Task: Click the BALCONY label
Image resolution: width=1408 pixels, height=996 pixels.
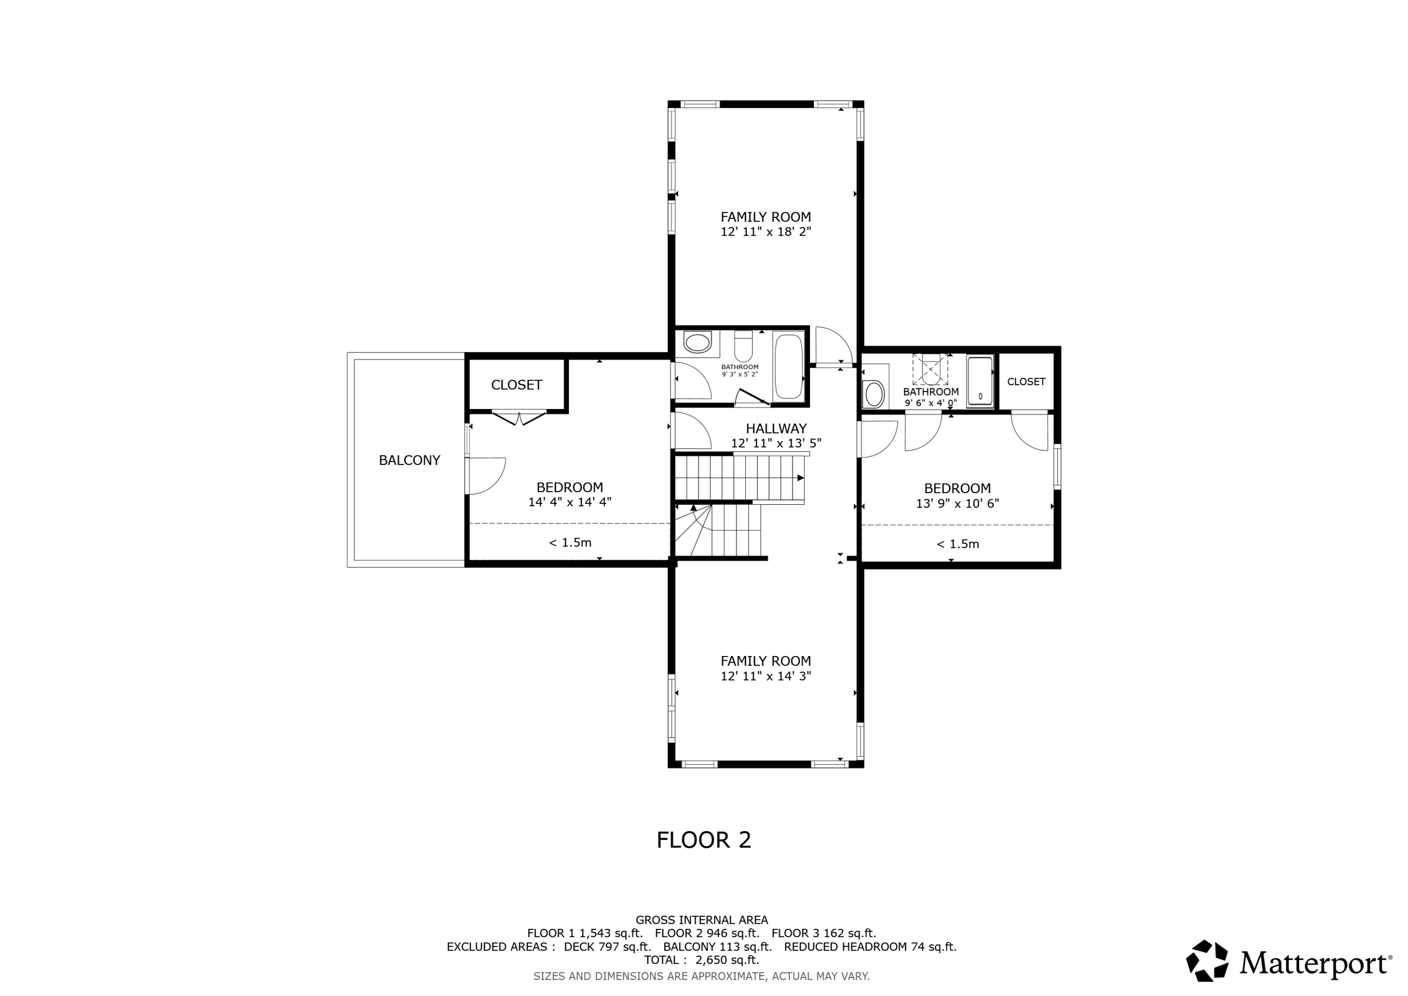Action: (x=409, y=460)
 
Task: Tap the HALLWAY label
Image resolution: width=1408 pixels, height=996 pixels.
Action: (x=776, y=428)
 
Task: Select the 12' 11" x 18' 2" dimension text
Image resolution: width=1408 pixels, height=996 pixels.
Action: (x=766, y=232)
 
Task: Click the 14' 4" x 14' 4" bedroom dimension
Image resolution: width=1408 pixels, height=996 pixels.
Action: (x=570, y=502)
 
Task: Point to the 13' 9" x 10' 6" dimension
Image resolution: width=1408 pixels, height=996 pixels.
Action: (x=957, y=503)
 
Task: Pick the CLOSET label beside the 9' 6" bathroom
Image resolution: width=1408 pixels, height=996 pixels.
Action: (x=1026, y=382)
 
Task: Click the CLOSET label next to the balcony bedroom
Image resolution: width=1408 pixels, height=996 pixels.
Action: (x=516, y=385)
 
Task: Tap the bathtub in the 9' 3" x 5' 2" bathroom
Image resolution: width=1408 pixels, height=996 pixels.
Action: (x=788, y=366)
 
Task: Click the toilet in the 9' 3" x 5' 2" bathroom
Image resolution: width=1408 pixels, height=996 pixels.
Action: (x=743, y=346)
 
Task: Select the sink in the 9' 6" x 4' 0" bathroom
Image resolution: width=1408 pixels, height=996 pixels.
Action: (x=873, y=394)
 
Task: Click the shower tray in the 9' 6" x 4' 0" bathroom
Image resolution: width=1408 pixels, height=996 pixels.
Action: (x=980, y=382)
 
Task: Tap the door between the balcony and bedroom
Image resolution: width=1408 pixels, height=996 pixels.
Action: (x=485, y=476)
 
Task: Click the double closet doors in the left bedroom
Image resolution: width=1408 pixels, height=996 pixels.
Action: (x=519, y=418)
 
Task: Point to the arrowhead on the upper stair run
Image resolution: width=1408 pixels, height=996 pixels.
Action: (x=800, y=478)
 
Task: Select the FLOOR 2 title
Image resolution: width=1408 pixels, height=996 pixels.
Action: (x=704, y=840)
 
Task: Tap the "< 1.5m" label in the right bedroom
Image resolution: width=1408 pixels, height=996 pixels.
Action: (x=957, y=544)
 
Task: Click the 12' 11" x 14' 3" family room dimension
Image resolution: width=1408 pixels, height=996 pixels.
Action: (x=766, y=676)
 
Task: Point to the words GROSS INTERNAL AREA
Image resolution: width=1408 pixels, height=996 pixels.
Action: (x=702, y=920)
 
